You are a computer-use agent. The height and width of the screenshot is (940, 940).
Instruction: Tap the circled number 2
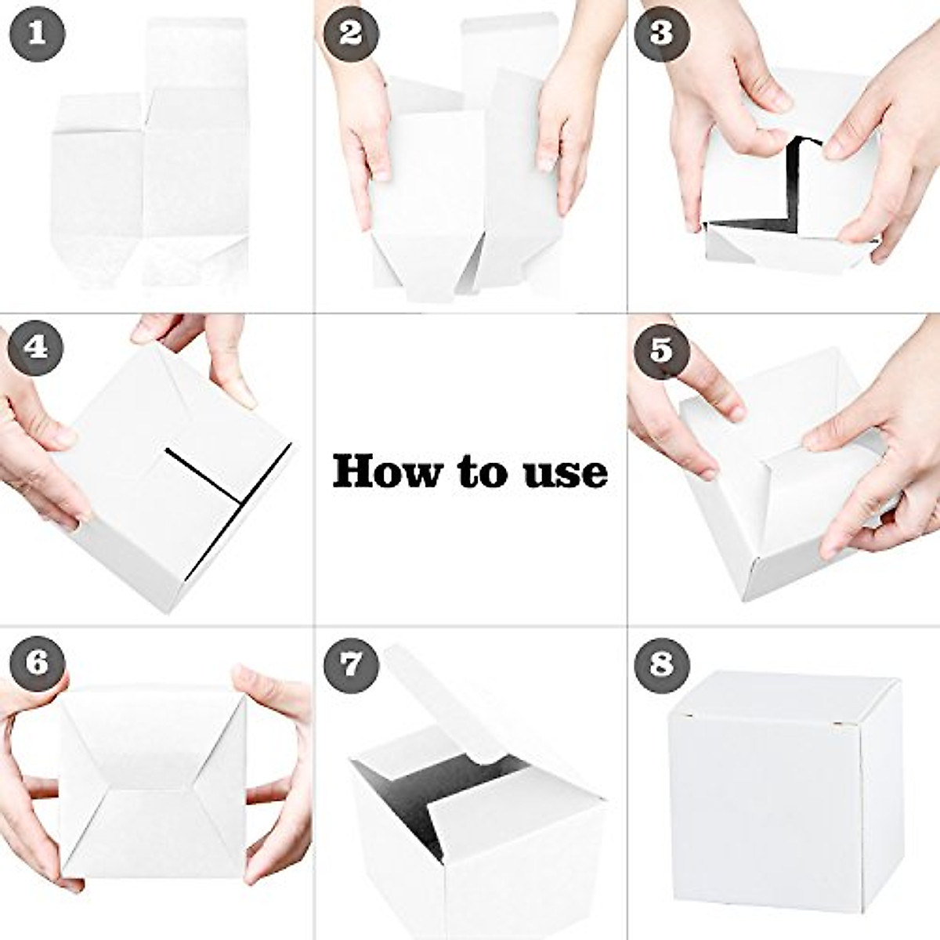(x=350, y=34)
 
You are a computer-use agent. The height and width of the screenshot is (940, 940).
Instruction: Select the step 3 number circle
(x=662, y=34)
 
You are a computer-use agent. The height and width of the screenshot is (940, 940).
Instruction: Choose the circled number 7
(x=350, y=664)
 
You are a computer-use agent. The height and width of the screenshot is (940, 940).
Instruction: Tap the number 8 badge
(x=662, y=664)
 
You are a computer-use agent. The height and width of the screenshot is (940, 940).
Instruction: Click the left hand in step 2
(x=364, y=117)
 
